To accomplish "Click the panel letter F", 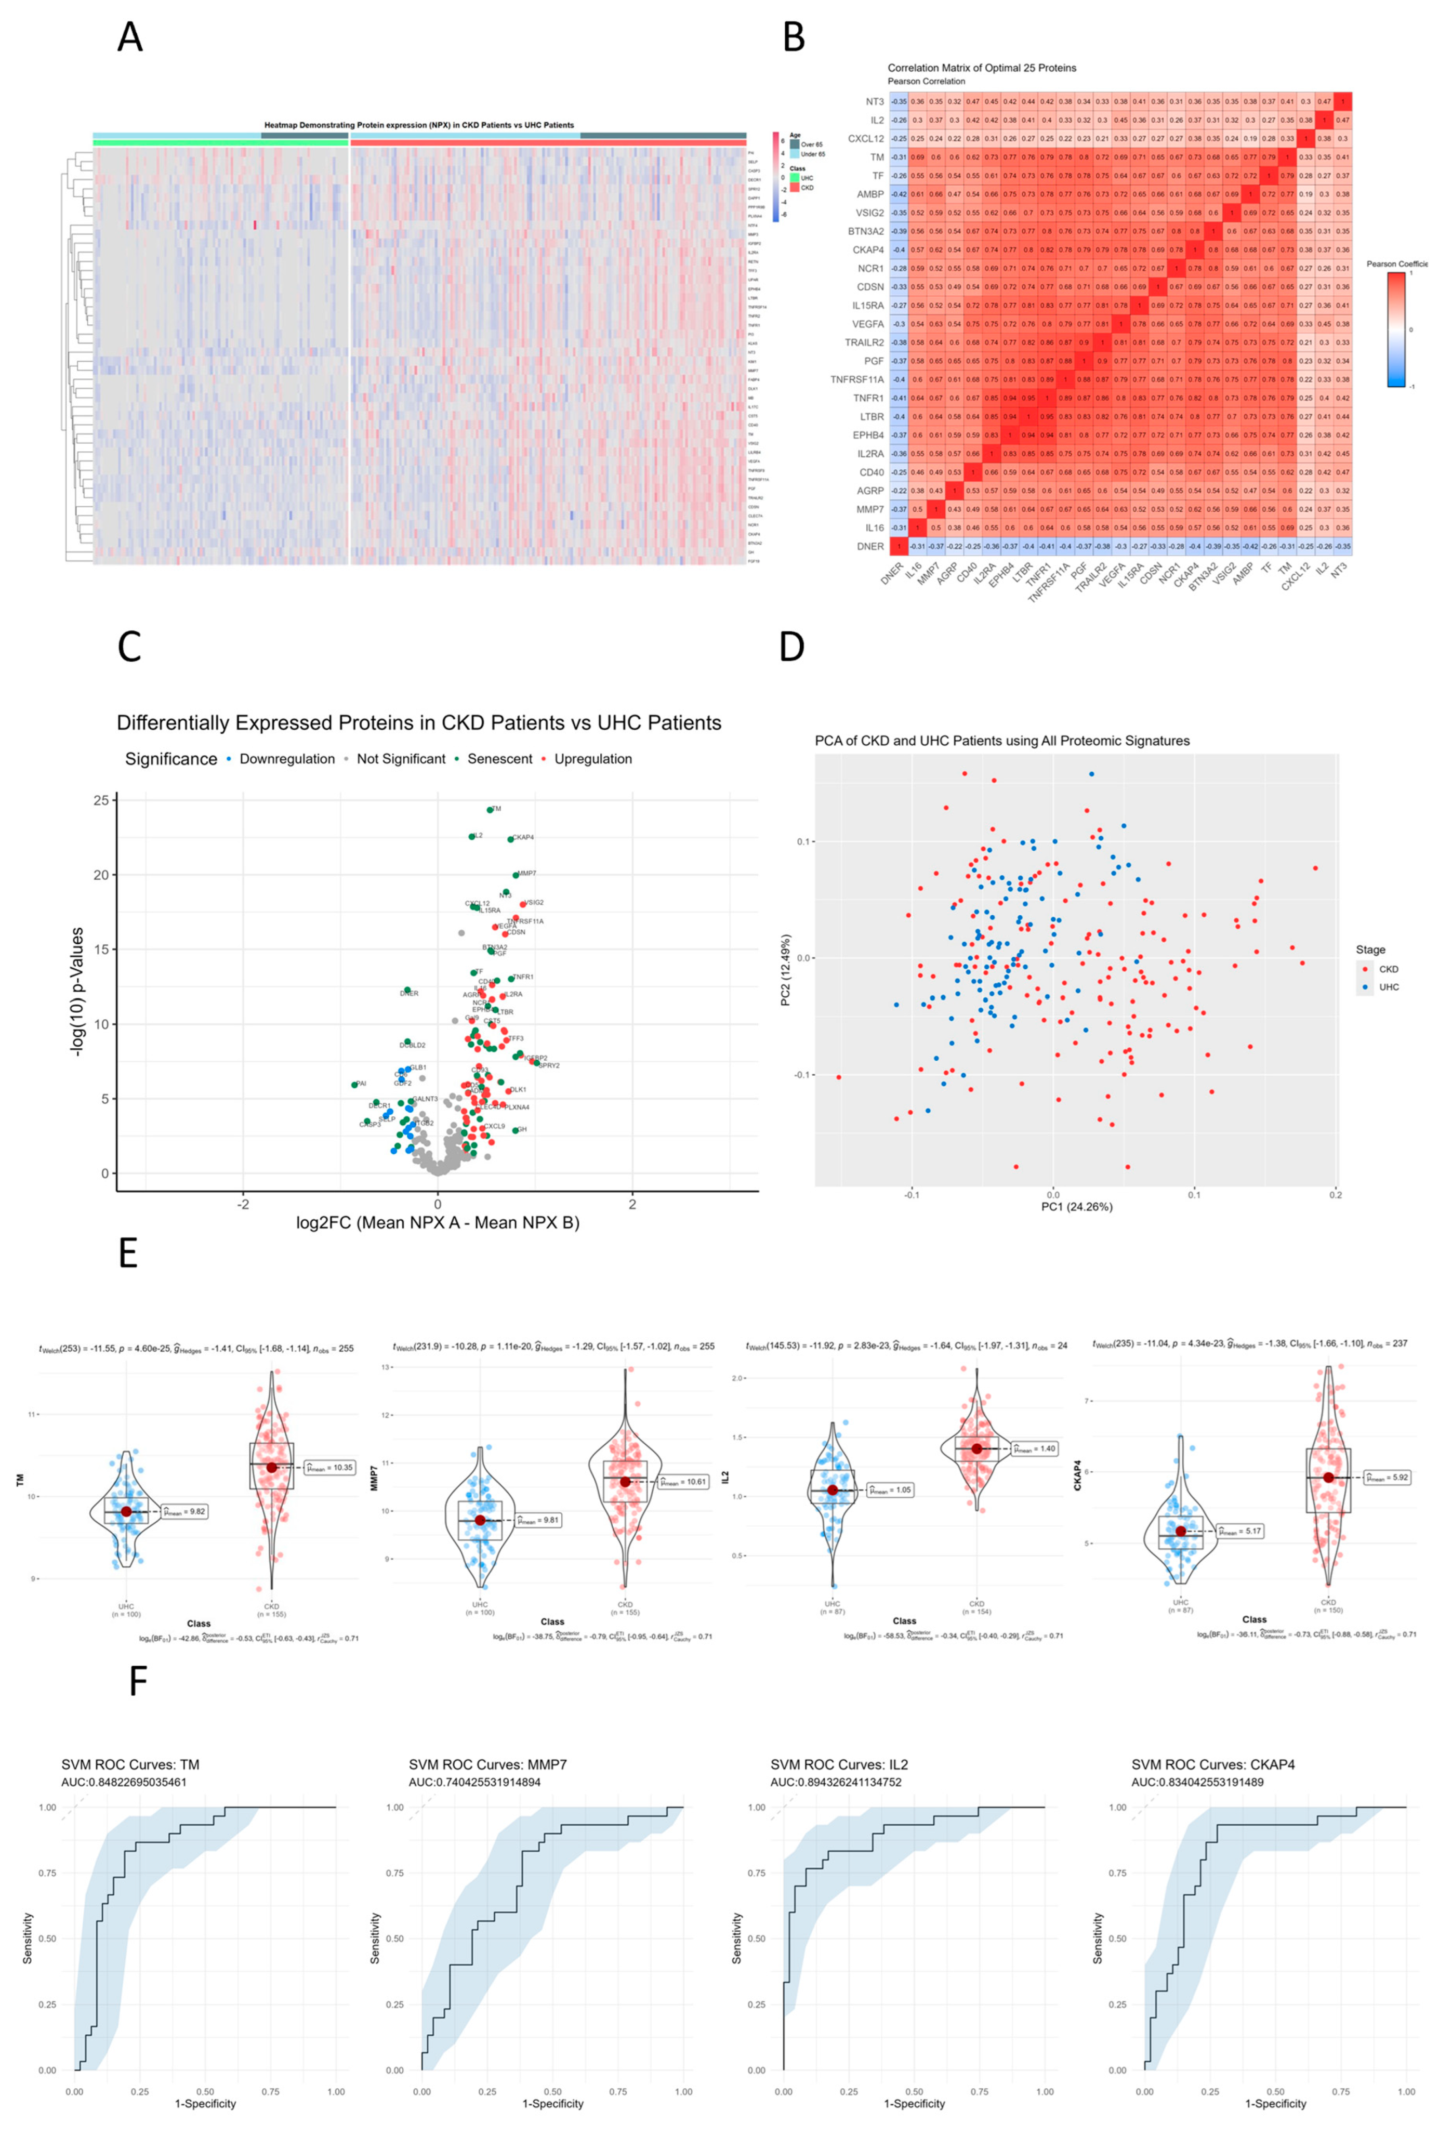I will point(138,1682).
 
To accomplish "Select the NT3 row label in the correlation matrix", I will point(874,102).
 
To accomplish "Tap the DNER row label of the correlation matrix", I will point(869,546).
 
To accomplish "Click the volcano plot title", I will point(418,723).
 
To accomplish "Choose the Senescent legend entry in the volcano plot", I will point(499,759).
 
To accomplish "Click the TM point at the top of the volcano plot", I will point(490,810).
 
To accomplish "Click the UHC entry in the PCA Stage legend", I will point(1388,987).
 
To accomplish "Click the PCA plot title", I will point(1002,741).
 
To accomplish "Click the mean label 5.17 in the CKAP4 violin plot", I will point(1240,1531).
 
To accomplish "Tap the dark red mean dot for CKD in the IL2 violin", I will point(977,1448).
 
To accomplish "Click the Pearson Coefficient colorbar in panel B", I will point(1396,329).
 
